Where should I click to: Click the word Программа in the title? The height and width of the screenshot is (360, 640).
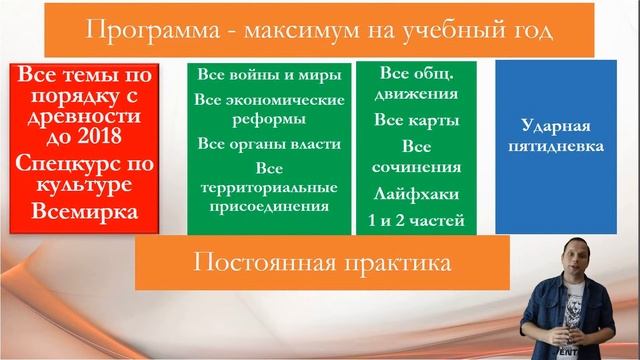point(145,31)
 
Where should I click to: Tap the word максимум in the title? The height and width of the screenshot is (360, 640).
point(292,31)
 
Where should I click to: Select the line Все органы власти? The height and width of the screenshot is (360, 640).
point(269,143)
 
